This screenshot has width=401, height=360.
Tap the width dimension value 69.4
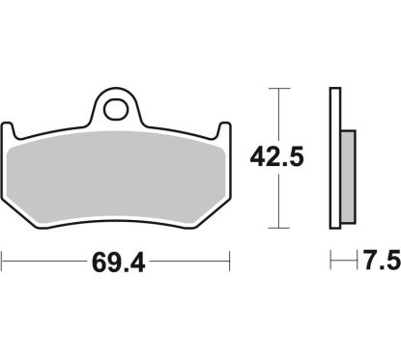point(116,262)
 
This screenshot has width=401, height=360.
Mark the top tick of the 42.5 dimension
point(279,89)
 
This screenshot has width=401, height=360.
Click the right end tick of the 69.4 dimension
point(230,261)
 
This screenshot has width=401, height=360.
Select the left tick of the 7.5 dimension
point(330,261)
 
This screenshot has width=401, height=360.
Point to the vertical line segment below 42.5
point(279,203)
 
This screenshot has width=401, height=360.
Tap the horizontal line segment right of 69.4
point(193,261)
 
